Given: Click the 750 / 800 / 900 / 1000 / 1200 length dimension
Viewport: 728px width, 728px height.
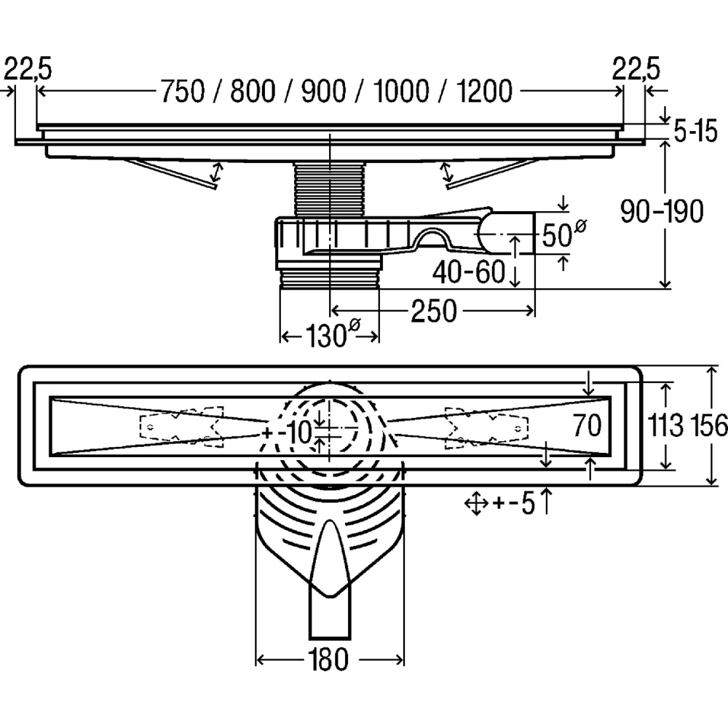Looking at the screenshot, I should click(336, 91).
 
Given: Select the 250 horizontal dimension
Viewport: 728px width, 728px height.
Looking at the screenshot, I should click(433, 311).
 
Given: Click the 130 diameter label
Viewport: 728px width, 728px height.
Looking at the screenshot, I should click(329, 336).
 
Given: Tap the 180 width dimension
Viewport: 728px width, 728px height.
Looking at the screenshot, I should click(328, 660).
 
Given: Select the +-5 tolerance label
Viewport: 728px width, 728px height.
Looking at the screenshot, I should click(515, 502).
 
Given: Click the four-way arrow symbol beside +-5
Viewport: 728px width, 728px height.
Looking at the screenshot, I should click(475, 502).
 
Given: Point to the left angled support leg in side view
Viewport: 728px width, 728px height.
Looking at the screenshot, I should click(171, 175).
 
